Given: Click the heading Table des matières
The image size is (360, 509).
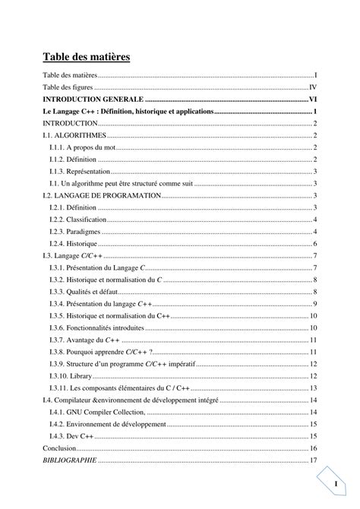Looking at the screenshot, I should coord(86,57).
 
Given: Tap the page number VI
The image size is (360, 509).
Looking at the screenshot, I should coord(312,100).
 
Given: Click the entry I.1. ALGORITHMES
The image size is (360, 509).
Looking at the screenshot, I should coord(74,135).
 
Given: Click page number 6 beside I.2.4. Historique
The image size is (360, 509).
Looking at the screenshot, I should coord(314,244).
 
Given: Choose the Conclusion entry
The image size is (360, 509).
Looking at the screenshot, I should coord(60,448).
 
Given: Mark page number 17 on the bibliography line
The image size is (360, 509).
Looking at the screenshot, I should coord(313,460).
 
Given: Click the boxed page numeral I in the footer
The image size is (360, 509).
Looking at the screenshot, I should coord(333,484).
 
